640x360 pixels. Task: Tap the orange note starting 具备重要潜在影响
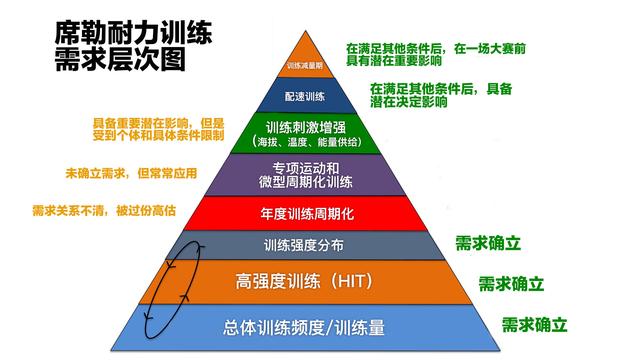click(158, 128)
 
